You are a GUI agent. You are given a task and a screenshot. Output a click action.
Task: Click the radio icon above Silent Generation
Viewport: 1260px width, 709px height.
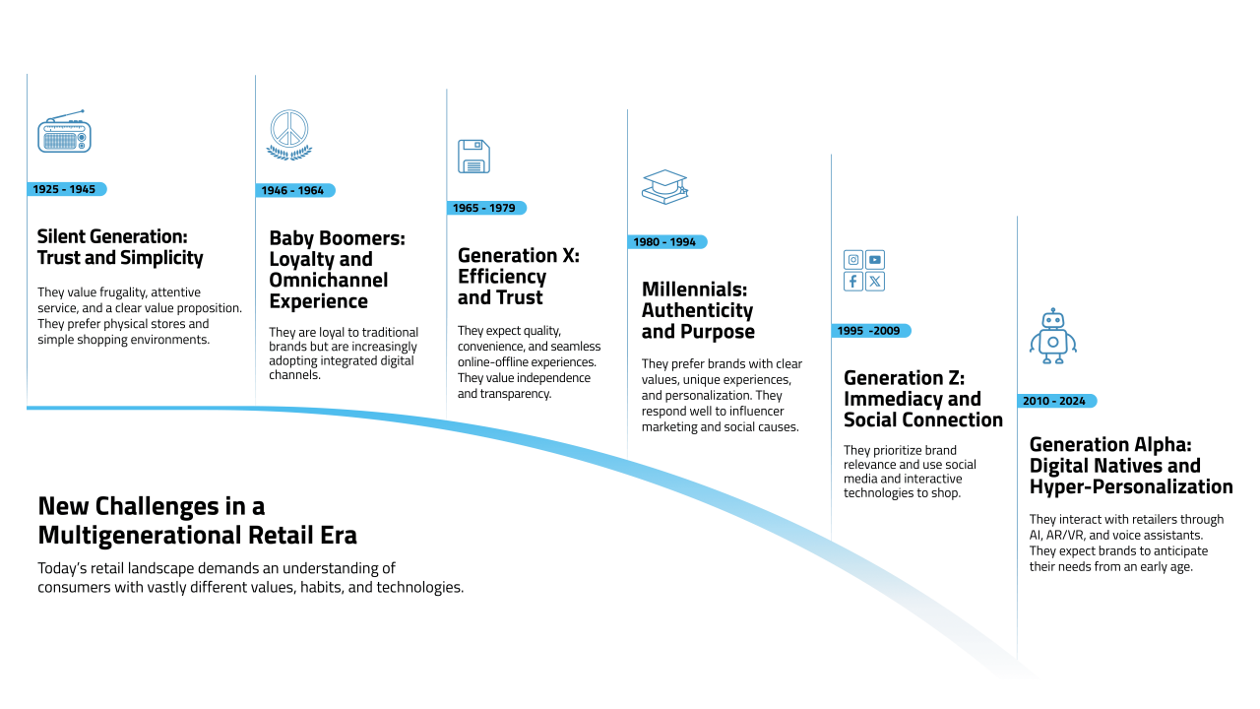coord(64,132)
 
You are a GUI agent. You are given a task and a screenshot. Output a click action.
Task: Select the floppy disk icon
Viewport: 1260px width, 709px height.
coord(473,157)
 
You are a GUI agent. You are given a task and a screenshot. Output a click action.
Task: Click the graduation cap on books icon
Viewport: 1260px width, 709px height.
coord(664,187)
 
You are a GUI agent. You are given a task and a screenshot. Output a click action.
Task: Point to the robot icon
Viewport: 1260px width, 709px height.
coord(1053,336)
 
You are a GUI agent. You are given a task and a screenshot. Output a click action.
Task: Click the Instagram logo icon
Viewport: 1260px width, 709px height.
coord(853,260)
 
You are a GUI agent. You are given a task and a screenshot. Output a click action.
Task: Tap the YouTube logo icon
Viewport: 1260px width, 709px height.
coord(875,260)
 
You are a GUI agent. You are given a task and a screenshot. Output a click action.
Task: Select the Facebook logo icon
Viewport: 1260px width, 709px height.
coord(853,282)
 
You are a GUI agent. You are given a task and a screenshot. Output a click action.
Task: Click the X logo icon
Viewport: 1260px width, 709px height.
coord(875,282)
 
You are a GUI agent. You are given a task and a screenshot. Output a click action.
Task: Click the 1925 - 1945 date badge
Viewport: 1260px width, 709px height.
coord(65,189)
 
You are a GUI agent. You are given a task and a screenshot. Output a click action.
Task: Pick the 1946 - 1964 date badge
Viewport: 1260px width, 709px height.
coord(293,191)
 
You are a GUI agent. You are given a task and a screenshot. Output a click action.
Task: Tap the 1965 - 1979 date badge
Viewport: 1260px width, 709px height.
coord(484,209)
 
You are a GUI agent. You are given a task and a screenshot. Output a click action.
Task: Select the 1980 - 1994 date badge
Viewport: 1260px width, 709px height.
coord(665,242)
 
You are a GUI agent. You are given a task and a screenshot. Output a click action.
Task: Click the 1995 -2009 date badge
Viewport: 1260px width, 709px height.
coord(869,331)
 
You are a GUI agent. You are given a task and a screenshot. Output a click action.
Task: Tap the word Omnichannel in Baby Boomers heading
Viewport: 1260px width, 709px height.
coord(329,281)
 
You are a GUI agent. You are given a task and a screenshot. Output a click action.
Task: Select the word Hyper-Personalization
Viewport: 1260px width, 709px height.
coord(1131,486)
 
